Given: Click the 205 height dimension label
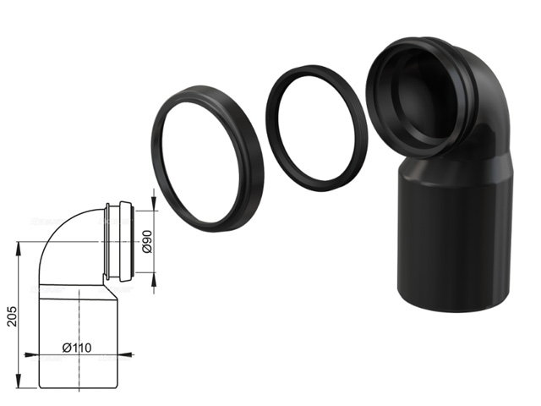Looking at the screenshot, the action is [x=13, y=315].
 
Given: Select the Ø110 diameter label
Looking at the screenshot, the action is [x=77, y=348].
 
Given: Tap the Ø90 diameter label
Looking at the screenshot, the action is [x=147, y=242].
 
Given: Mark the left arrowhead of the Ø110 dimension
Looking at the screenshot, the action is [x=32, y=354].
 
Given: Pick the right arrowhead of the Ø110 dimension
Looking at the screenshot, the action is [x=125, y=354].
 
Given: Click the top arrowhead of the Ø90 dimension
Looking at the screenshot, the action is [x=154, y=203].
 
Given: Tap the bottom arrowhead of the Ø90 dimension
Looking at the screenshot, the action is [x=154, y=279].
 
